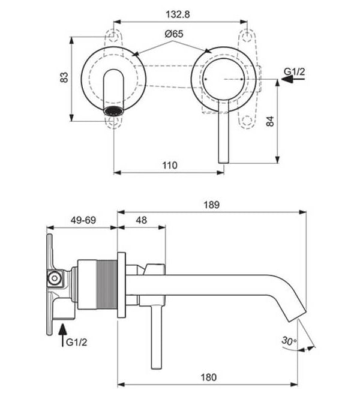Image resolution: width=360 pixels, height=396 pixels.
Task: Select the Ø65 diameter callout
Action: tap(173, 34)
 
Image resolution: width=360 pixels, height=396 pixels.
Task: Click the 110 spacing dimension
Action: tap(169, 165)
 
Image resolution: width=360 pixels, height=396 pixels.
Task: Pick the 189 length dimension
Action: tap(212, 205)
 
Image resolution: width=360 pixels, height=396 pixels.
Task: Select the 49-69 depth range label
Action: tap(83, 220)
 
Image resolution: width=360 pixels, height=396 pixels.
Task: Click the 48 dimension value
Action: tap(141, 220)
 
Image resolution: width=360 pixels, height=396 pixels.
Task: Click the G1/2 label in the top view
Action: tap(294, 72)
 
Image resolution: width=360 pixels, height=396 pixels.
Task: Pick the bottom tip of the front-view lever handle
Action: tap(223, 160)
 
